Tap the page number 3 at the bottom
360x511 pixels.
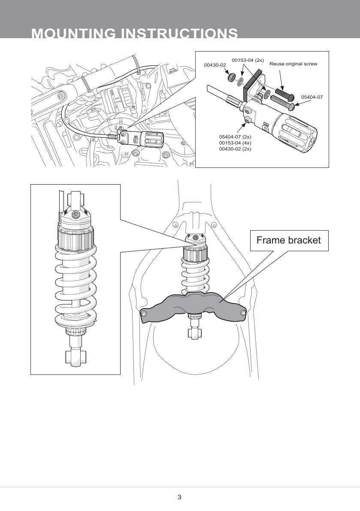pyautogui.click(x=179, y=497)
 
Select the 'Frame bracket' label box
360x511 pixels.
pyautogui.click(x=288, y=240)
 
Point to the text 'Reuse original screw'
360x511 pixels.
pyautogui.click(x=293, y=64)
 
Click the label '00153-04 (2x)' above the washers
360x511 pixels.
pyautogui.click(x=248, y=60)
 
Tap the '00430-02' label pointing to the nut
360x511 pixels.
pyautogui.click(x=215, y=65)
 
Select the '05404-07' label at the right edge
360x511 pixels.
pyautogui.click(x=312, y=97)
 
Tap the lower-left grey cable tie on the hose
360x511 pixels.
pyautogui.click(x=86, y=84)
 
